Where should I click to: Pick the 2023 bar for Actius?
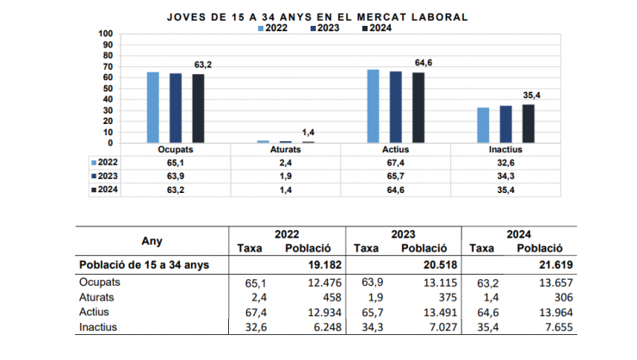click(x=396, y=107)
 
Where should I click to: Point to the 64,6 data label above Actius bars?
click(x=424, y=63)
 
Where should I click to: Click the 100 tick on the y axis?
click(x=106, y=34)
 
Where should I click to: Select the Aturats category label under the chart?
click(x=286, y=150)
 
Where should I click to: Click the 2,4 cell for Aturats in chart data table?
click(x=286, y=162)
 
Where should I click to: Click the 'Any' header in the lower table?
click(x=152, y=241)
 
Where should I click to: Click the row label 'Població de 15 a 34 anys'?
click(x=143, y=264)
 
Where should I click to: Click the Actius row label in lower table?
click(x=94, y=312)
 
